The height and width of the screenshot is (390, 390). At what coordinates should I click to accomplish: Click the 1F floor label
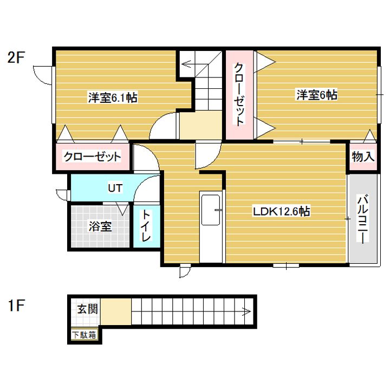[16, 307]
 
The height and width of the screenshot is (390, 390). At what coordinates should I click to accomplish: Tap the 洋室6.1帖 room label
[112, 98]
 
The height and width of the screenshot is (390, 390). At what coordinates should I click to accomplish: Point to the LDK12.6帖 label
[281, 212]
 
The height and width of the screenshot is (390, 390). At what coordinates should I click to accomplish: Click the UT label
[114, 188]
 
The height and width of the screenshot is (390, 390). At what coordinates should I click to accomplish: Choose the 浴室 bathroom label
[100, 226]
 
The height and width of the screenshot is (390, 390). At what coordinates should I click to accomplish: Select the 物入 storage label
[362, 157]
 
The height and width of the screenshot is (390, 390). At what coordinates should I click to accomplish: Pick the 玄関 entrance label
[87, 310]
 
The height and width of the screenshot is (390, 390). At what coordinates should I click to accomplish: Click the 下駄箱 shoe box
[84, 335]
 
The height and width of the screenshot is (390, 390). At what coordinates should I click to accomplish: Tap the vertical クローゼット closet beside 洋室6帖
[239, 95]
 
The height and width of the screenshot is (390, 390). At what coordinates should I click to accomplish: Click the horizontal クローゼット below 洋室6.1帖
[92, 158]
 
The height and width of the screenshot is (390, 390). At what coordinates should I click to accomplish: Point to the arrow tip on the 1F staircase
[248, 311]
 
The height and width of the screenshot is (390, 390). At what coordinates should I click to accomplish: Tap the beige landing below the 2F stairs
[200, 125]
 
